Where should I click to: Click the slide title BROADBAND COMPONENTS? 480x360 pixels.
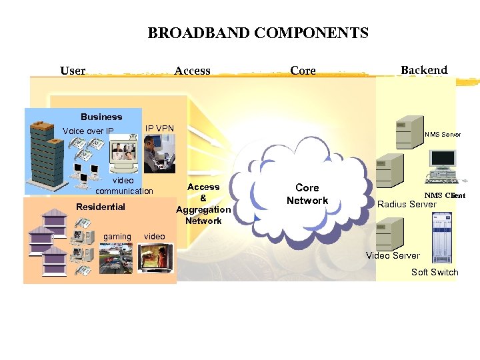pos(257,33)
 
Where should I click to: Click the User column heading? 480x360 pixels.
pos(73,71)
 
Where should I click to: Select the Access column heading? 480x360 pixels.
pos(192,71)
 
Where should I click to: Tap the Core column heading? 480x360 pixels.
pos(303,71)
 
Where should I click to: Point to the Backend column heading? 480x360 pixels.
pos(424,70)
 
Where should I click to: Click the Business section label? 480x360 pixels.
pos(101,117)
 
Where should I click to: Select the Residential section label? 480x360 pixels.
pos(100,207)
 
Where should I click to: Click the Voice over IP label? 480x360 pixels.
pos(88,131)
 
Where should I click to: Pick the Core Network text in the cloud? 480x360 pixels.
pos(307,194)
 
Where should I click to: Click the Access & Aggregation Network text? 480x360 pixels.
pos(203,204)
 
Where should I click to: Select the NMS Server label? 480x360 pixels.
pos(442,135)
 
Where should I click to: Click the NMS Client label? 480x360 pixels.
pos(445,195)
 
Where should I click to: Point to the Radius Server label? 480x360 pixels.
pos(407,204)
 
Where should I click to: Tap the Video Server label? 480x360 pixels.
pos(393,255)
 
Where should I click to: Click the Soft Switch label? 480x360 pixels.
pos(435,272)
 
